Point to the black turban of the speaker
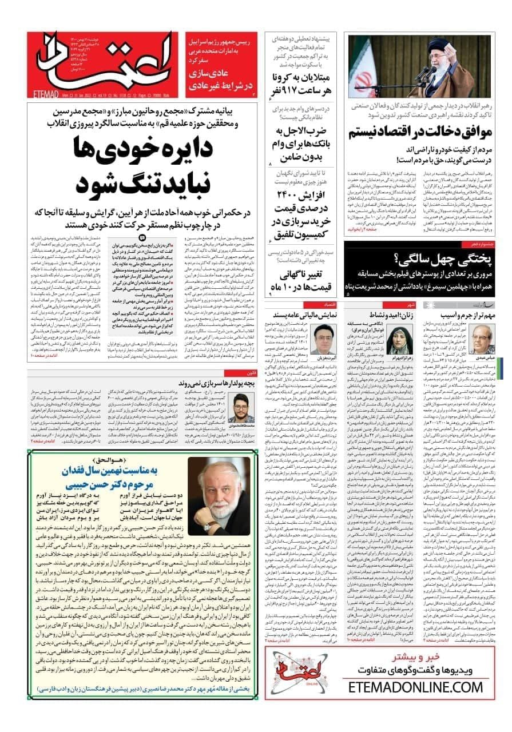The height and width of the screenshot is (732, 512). [438, 45]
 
